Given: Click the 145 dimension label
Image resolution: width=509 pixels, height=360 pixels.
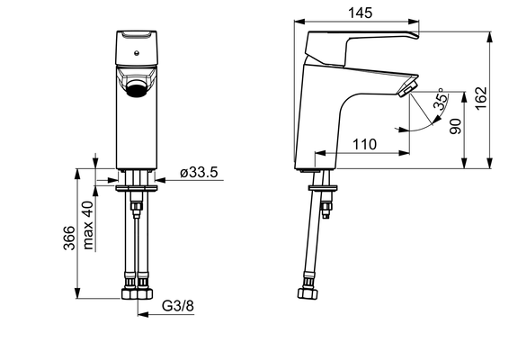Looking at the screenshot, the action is (x=360, y=13).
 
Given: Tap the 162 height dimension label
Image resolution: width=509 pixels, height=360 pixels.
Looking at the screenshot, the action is (x=481, y=98).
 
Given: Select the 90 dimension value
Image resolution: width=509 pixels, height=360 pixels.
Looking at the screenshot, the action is (x=455, y=126).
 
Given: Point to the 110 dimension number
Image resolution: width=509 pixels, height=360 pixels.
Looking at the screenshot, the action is (x=364, y=144).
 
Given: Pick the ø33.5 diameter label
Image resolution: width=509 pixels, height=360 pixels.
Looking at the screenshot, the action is (x=199, y=172).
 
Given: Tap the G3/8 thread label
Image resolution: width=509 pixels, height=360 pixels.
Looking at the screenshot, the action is (x=178, y=306).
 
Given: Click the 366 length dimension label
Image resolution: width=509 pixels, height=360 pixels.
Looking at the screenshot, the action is (x=69, y=238).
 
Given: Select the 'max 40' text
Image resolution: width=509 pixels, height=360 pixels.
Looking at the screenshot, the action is (x=88, y=225).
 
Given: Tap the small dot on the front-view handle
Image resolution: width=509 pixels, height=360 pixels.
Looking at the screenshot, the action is (x=137, y=52).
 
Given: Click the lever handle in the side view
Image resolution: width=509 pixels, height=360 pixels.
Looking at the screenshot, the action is (x=361, y=47).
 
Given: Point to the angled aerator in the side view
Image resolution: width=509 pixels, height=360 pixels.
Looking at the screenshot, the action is (x=407, y=88).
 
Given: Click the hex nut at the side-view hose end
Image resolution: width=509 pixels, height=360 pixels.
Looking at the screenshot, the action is (x=308, y=293).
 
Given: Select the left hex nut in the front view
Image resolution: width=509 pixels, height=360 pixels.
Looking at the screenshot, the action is (x=129, y=293).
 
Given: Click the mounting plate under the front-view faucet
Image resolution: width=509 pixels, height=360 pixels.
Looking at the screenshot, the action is (x=137, y=188).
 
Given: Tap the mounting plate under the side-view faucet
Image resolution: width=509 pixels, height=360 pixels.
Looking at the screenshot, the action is (x=323, y=188).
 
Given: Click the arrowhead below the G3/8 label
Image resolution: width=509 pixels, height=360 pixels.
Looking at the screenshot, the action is (x=143, y=314).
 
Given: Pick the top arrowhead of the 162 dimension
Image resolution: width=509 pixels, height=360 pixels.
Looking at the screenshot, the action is (x=490, y=37).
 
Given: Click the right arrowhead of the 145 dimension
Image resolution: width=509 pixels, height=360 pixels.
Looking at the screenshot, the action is (x=414, y=22).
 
